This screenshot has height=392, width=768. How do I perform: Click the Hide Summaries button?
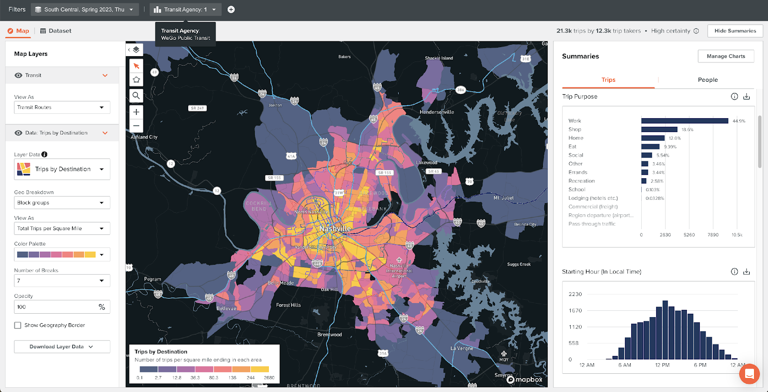735,31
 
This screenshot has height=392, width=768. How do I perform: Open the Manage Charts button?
726,56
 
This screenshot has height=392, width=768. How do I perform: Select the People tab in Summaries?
708,80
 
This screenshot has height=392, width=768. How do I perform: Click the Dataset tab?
56,31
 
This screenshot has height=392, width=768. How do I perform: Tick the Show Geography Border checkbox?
18,325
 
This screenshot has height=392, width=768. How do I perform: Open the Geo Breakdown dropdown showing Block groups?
62,203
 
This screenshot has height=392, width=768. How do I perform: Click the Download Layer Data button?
62,346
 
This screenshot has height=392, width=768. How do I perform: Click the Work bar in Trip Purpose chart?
684,121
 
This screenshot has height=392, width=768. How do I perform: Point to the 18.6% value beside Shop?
687,130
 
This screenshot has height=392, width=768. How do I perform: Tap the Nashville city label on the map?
335,229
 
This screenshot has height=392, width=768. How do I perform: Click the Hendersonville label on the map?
436,112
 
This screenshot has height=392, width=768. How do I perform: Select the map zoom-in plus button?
136,112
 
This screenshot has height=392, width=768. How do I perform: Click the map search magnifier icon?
136,96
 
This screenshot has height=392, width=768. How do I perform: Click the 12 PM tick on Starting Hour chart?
662,365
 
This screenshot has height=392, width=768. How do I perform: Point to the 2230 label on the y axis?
575,294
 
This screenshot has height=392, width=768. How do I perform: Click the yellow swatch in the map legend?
260,369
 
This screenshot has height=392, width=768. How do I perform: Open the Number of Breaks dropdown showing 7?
62,281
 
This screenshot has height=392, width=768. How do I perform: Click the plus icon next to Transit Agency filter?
231,10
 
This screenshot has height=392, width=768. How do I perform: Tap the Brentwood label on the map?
329,334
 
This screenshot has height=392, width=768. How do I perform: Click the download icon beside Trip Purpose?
746,97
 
